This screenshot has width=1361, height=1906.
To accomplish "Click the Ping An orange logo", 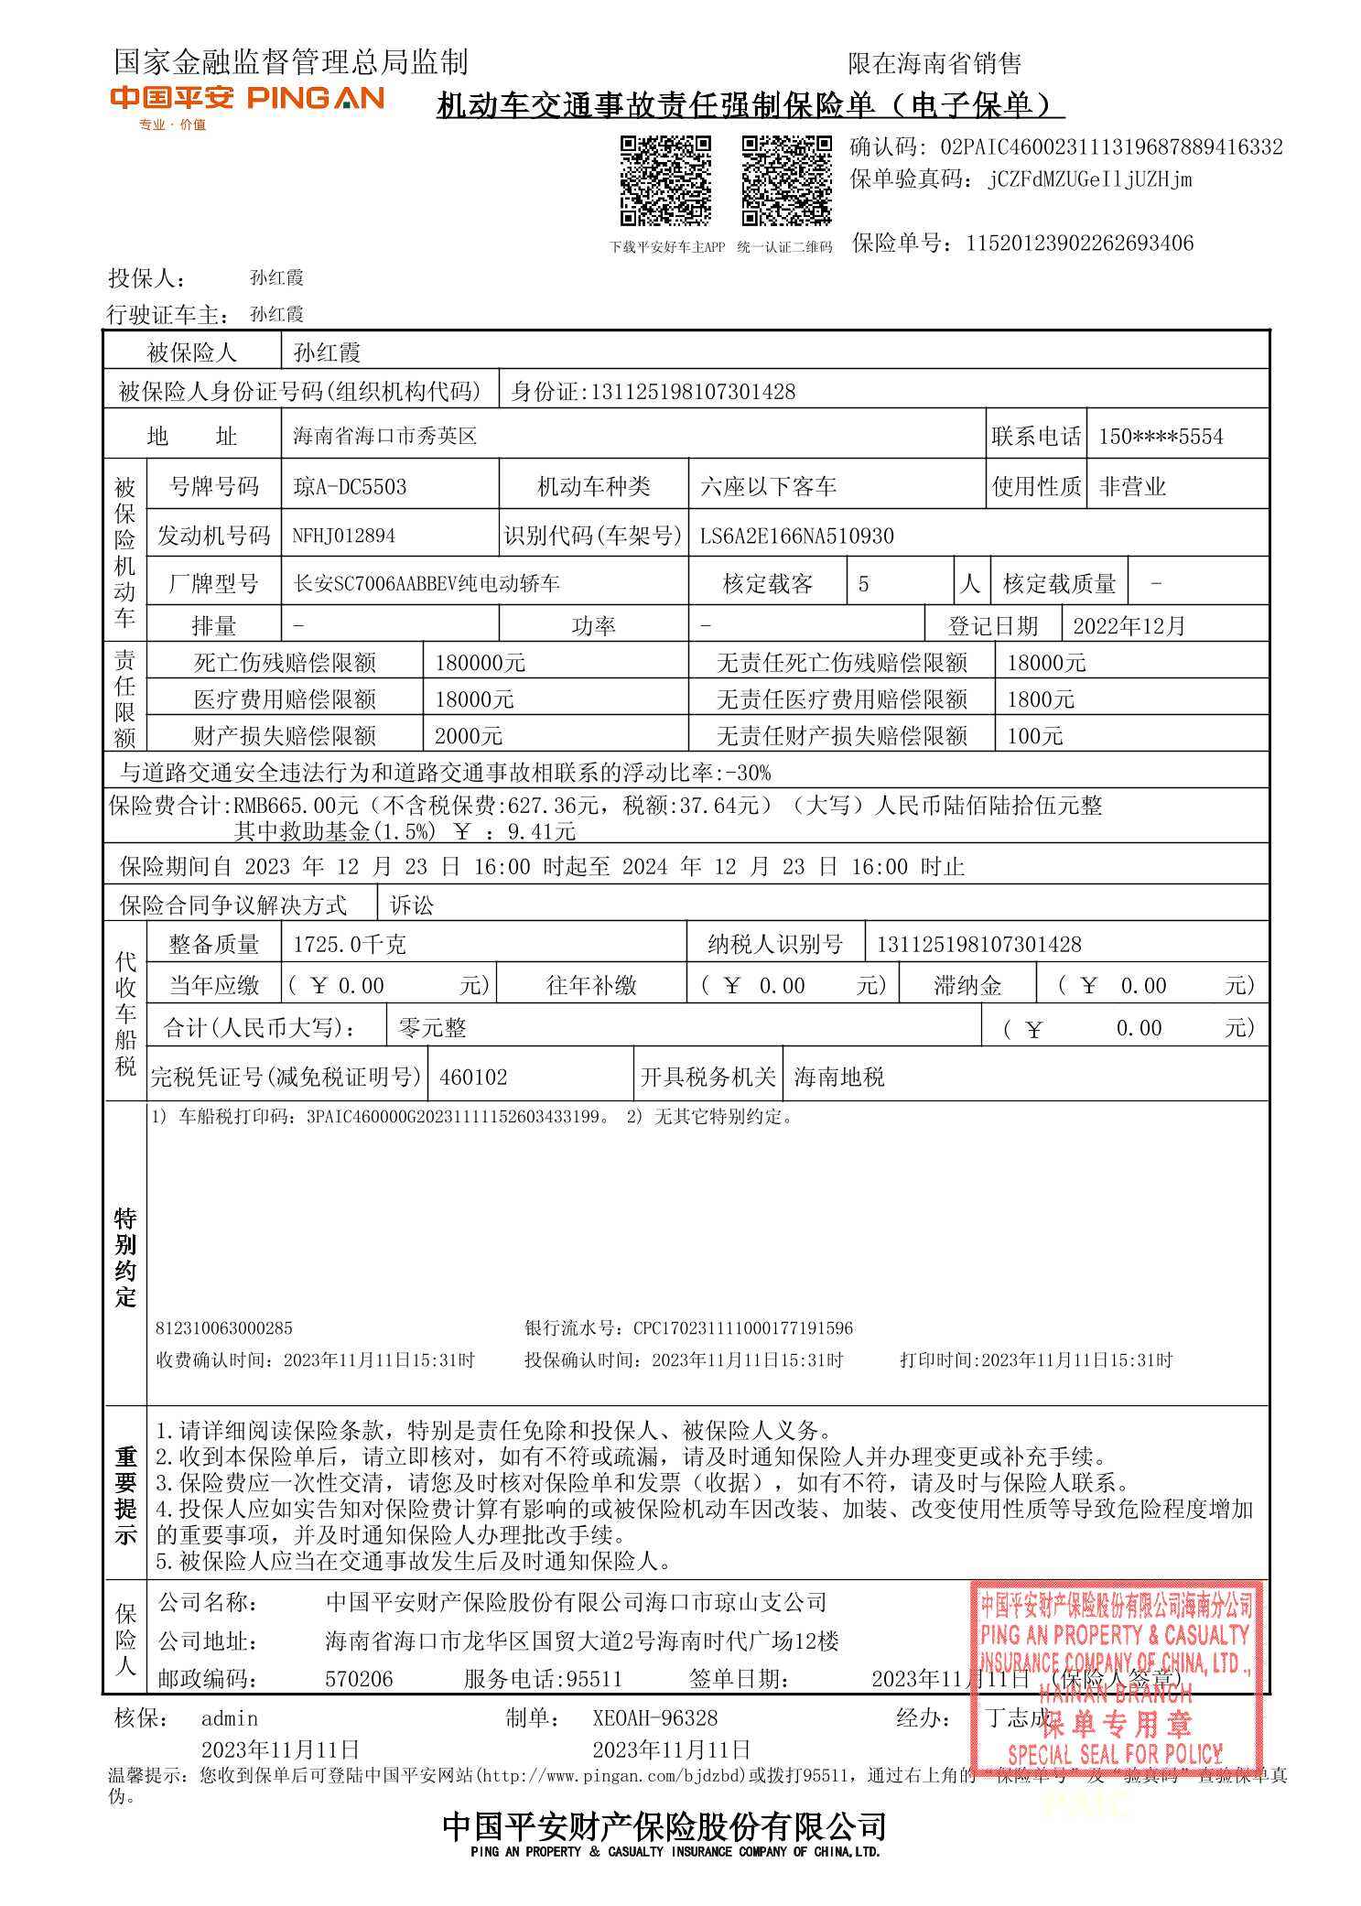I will (x=247, y=99).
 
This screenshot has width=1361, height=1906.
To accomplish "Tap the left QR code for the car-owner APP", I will (x=665, y=180).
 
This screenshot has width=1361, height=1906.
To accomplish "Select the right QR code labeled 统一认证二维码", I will (x=786, y=180).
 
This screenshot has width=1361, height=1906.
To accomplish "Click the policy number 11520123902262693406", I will (x=1079, y=244).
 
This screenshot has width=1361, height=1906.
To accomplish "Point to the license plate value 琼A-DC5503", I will (x=350, y=486).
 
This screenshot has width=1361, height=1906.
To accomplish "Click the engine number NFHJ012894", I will (x=343, y=536).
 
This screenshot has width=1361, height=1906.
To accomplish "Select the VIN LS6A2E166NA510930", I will (x=796, y=536).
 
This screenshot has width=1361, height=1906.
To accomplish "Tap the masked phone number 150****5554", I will (x=1160, y=437).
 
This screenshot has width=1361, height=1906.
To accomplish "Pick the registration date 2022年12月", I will (x=1129, y=626).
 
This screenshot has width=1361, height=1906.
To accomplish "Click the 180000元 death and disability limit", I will (x=480, y=663).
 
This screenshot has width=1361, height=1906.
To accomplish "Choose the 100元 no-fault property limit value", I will (x=1034, y=736).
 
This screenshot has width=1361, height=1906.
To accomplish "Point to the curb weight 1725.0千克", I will (x=349, y=944).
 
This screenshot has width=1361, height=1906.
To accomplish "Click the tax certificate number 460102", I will (x=472, y=1077).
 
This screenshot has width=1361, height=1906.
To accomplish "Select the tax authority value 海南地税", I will (x=838, y=1077).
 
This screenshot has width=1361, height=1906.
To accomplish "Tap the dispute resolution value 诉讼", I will (x=412, y=905).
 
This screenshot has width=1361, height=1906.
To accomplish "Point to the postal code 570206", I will (x=359, y=1679).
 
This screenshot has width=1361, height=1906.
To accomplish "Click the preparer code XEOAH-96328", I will (x=654, y=1718).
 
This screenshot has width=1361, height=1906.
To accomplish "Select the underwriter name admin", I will (x=230, y=1718).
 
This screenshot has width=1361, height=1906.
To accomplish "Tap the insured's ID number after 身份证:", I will (x=693, y=392).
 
